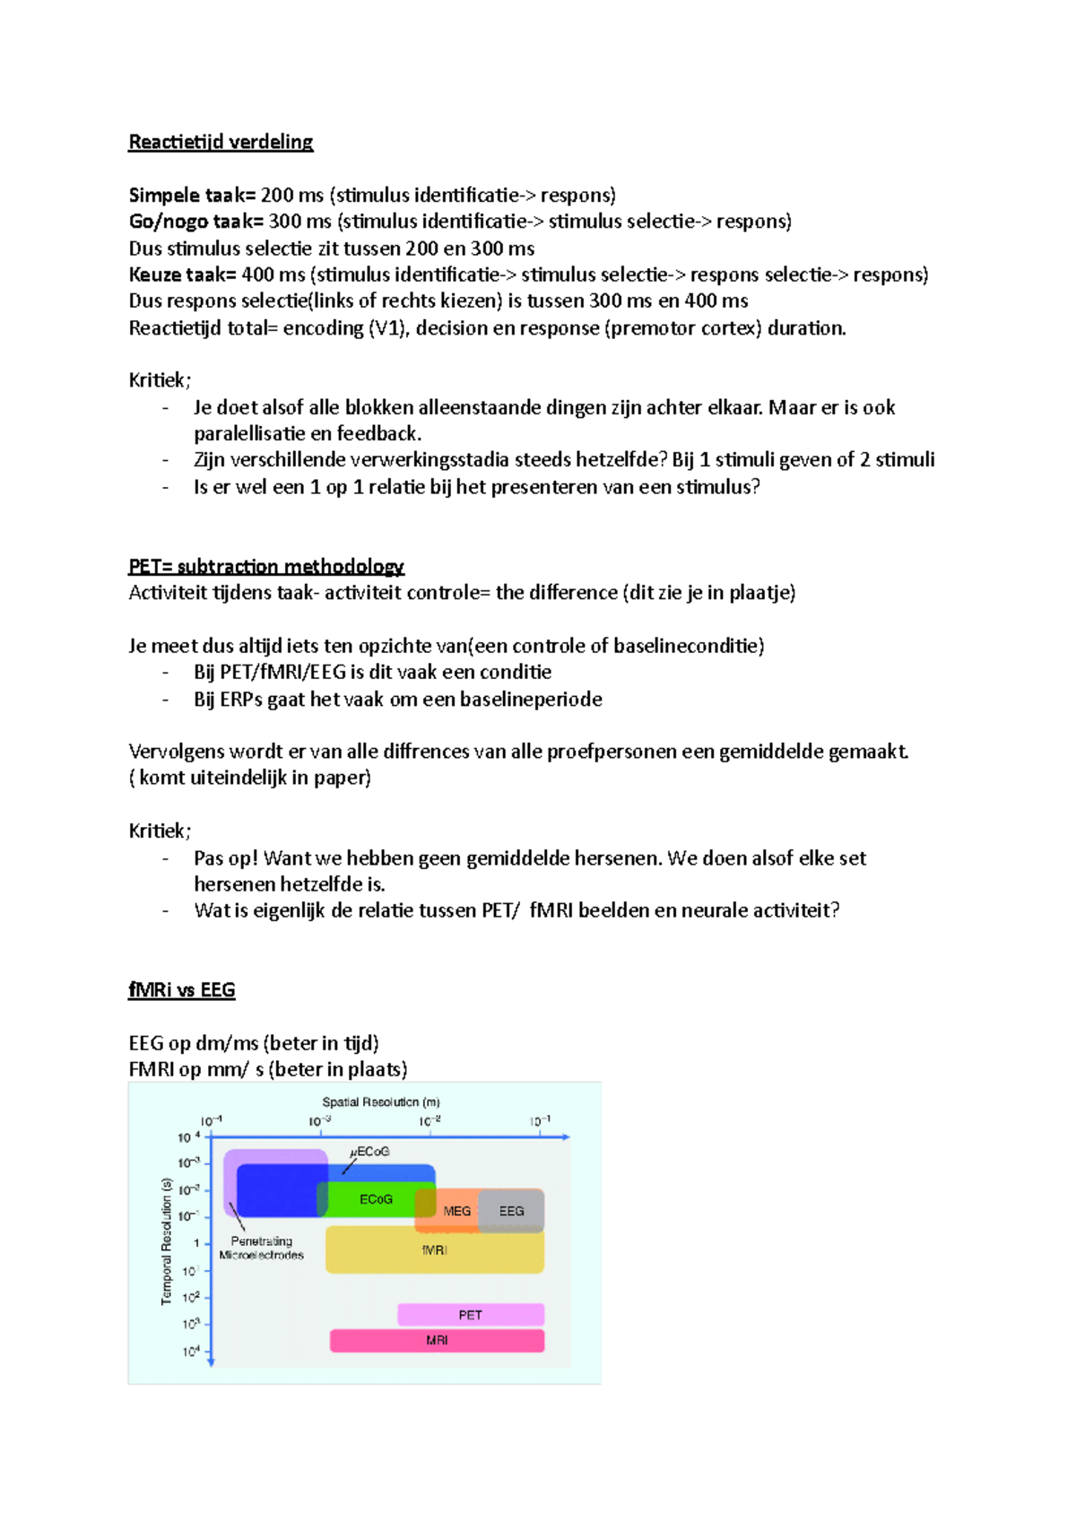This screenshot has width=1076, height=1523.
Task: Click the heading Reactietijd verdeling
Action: click(x=221, y=142)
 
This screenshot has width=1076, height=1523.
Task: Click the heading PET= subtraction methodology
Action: click(x=266, y=567)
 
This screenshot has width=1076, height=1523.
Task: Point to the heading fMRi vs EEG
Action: click(x=182, y=990)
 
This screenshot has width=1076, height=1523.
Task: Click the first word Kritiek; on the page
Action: click(x=160, y=380)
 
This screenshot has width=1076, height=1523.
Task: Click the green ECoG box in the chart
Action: click(x=376, y=1199)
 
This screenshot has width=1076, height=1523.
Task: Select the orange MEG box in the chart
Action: click(x=456, y=1212)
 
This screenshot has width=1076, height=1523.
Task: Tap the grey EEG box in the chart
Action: click(x=511, y=1211)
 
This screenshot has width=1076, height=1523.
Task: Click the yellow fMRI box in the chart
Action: click(x=434, y=1250)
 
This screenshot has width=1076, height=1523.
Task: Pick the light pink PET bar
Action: click(x=470, y=1315)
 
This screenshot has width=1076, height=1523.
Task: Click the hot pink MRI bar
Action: click(x=437, y=1341)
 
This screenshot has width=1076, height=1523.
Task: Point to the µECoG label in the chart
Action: click(x=369, y=1152)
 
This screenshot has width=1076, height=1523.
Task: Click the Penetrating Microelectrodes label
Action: click(x=261, y=1249)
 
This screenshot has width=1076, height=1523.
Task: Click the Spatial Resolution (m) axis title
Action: click(x=381, y=1102)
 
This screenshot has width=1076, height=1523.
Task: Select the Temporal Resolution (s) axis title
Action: click(x=166, y=1241)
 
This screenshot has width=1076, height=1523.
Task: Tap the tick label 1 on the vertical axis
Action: click(x=196, y=1243)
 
